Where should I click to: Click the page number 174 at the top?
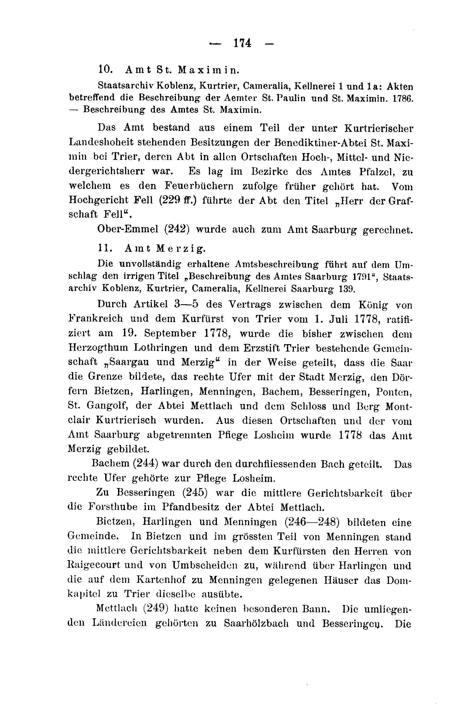[x=243, y=43]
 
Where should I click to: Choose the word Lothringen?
[x=161, y=347]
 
